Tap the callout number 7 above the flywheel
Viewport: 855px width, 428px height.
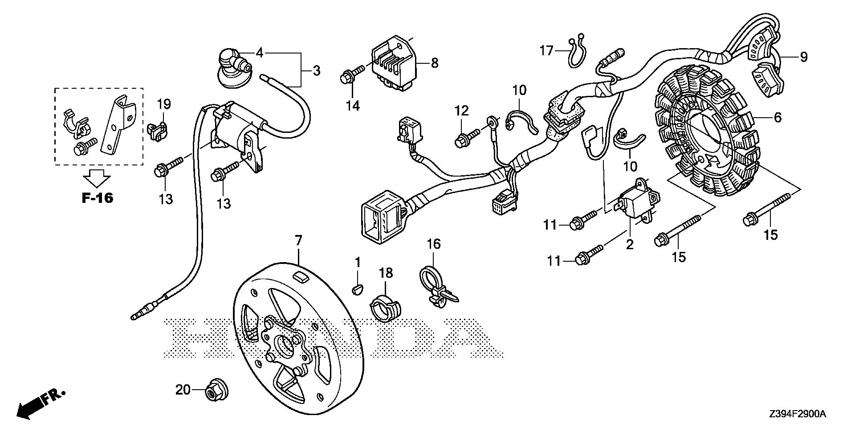298,241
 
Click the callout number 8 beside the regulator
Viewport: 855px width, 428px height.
435,63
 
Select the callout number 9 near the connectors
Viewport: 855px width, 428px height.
803,57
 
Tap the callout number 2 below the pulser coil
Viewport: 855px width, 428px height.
630,245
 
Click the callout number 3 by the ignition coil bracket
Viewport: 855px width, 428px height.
316,70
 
